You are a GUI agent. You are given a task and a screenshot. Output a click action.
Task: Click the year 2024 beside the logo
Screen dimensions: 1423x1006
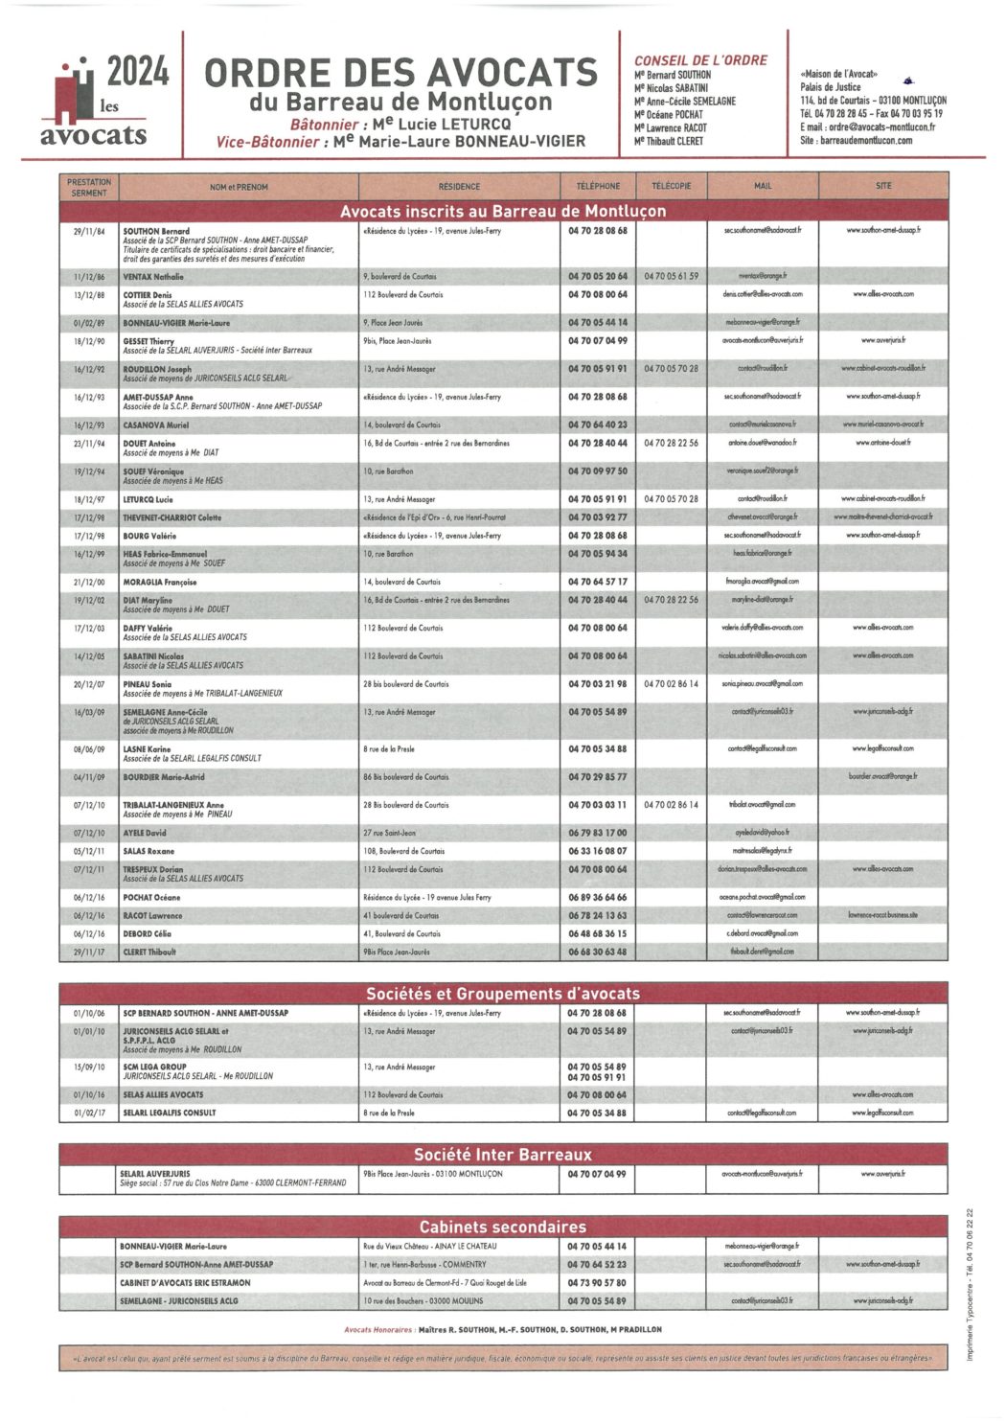click(x=138, y=72)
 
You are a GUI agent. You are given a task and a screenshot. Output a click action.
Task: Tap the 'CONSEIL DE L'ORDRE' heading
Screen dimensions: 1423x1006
click(x=700, y=59)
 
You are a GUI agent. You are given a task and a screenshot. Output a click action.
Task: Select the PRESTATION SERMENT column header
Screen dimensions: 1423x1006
click(x=90, y=187)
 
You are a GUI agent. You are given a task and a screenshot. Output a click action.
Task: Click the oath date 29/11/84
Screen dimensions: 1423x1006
click(x=90, y=231)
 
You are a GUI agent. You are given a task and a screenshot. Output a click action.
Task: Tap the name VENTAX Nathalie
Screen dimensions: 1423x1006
click(x=153, y=276)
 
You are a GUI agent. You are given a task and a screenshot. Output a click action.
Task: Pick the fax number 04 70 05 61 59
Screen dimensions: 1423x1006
click(x=671, y=276)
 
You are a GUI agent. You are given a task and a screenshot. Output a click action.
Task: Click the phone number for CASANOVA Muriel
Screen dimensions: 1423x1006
click(x=598, y=425)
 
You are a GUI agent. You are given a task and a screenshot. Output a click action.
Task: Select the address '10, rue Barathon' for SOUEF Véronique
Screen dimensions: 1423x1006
click(x=388, y=471)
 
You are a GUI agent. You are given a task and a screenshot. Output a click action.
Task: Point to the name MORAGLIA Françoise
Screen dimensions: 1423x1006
click(x=160, y=582)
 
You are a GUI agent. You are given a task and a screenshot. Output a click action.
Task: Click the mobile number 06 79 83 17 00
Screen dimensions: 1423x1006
click(x=598, y=833)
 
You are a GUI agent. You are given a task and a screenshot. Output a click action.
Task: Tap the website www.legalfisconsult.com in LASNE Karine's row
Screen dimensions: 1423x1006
click(x=882, y=748)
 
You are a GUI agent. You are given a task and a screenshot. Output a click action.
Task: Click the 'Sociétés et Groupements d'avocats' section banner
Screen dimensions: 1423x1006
click(x=503, y=994)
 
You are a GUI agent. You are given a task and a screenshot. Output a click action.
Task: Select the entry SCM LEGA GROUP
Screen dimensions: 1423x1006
click(x=154, y=1067)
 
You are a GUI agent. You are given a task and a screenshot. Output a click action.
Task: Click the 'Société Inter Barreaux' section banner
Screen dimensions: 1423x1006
click(x=503, y=1155)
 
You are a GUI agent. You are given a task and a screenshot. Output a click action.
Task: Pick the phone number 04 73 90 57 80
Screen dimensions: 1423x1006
click(x=596, y=1282)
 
